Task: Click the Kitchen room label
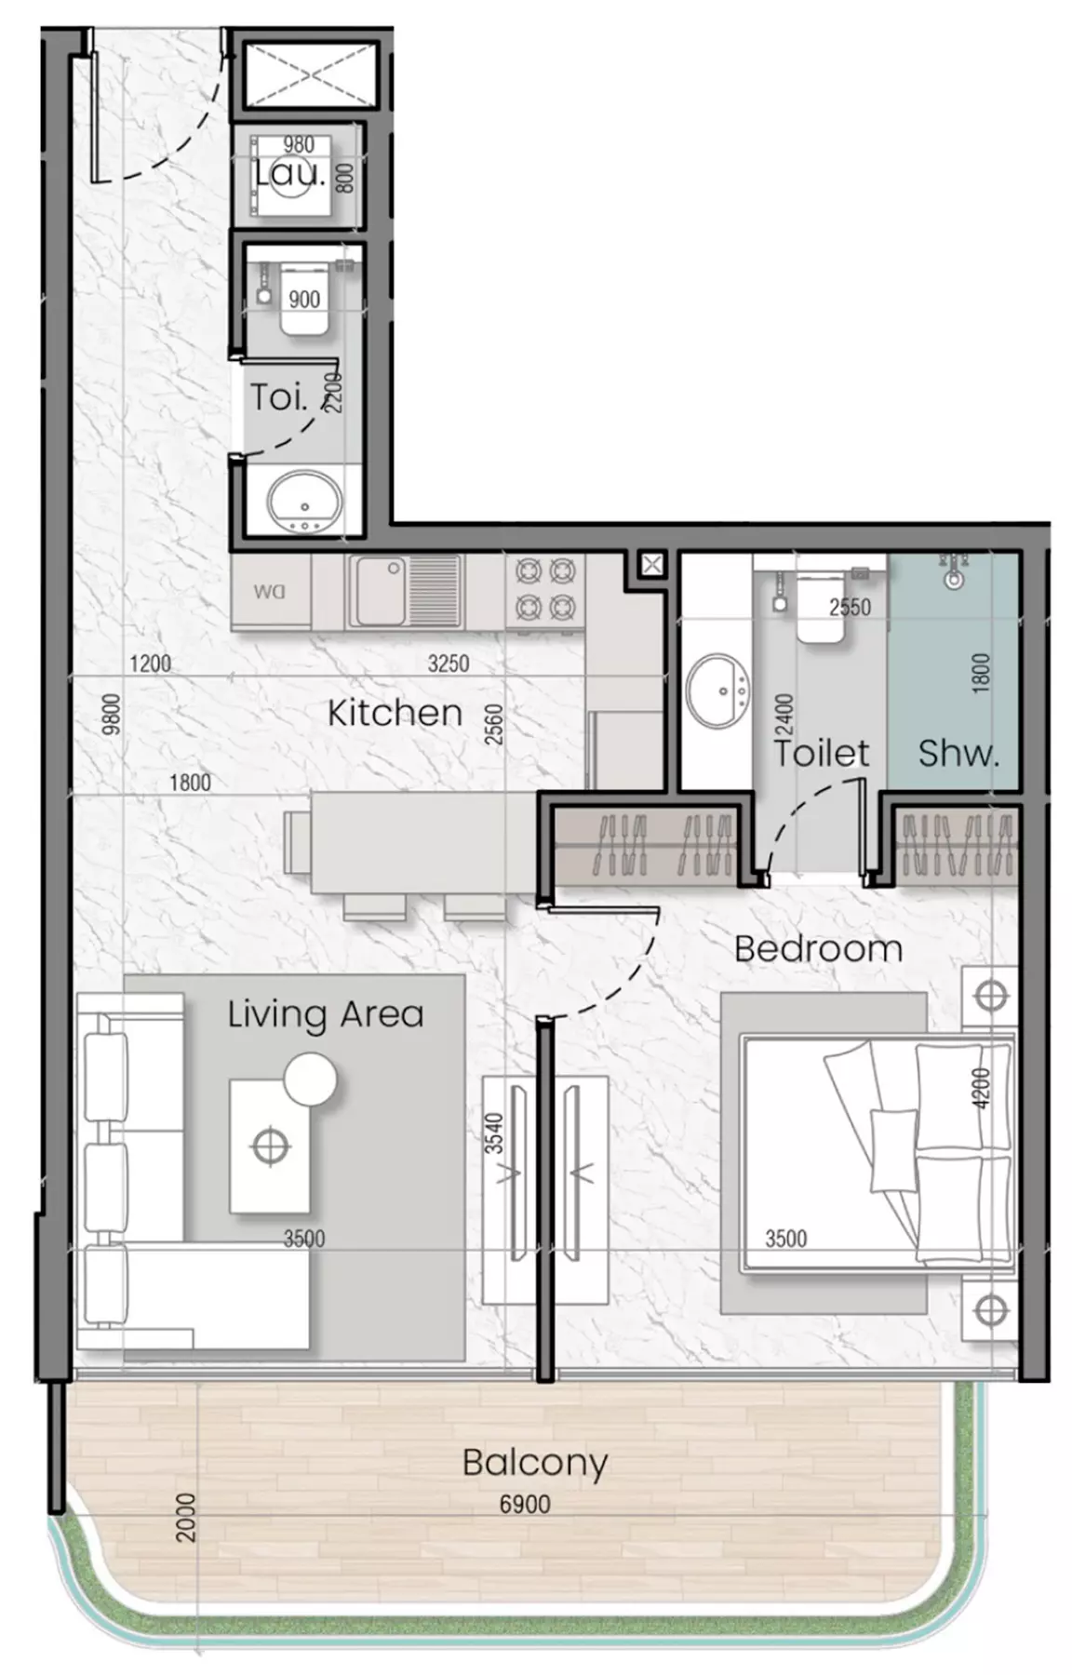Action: tap(395, 713)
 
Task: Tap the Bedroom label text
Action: tap(818, 949)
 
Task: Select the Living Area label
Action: tap(326, 1013)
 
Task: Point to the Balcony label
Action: tap(535, 1463)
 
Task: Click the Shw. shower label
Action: tap(958, 753)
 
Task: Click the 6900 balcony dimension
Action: tap(525, 1504)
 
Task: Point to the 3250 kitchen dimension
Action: tap(449, 663)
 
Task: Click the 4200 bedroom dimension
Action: tap(982, 1088)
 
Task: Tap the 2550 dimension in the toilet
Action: tap(850, 608)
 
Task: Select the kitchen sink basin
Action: tap(378, 590)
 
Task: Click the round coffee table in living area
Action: tap(310, 1079)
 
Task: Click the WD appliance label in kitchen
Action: tap(269, 591)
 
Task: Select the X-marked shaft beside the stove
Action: tap(651, 563)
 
